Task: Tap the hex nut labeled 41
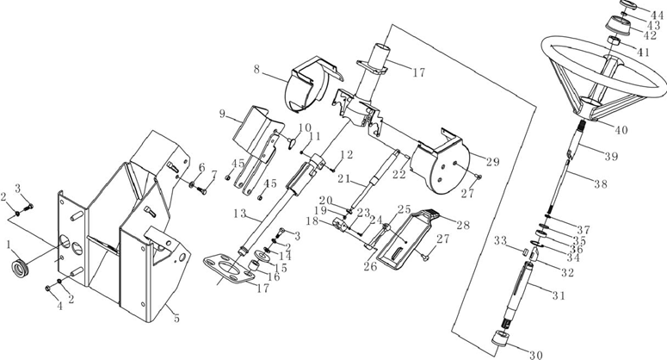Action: coord(614,40)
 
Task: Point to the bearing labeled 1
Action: coord(20,268)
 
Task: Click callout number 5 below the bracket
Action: coord(176,318)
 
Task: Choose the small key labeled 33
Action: coord(524,251)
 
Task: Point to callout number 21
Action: coord(343,178)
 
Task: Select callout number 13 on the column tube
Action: coord(240,213)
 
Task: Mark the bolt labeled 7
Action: coord(202,191)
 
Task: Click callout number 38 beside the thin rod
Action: coord(601,183)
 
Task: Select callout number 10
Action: coord(305,127)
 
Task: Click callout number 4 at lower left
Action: coord(60,306)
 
